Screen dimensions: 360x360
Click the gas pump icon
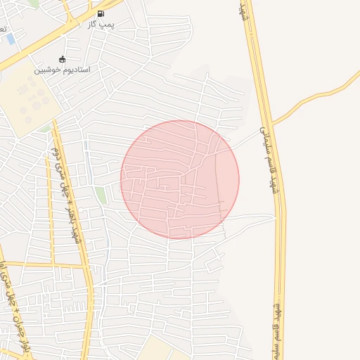click(100, 13)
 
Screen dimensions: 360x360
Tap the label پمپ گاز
click(101, 24)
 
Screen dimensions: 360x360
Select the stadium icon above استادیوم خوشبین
click(63, 59)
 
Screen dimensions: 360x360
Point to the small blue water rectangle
click(11, 39)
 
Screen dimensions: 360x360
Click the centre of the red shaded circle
click(180, 179)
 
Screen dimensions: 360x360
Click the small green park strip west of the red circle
click(102, 195)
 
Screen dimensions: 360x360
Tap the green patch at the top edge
click(34, 4)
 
